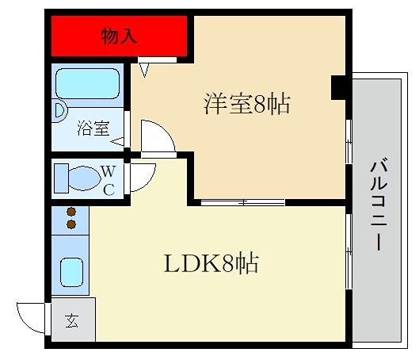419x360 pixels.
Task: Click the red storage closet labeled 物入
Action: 119,36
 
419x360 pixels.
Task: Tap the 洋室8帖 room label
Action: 246,104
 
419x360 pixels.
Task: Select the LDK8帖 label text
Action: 211,263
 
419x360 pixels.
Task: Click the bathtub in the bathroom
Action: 88,82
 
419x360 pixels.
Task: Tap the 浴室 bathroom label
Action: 93,128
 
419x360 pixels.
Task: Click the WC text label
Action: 110,179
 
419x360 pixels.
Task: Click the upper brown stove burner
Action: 72,213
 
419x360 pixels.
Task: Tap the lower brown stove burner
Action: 72,225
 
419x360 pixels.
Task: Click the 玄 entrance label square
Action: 73,321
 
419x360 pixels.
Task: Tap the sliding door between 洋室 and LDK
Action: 242,201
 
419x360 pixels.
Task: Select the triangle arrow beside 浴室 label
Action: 117,142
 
